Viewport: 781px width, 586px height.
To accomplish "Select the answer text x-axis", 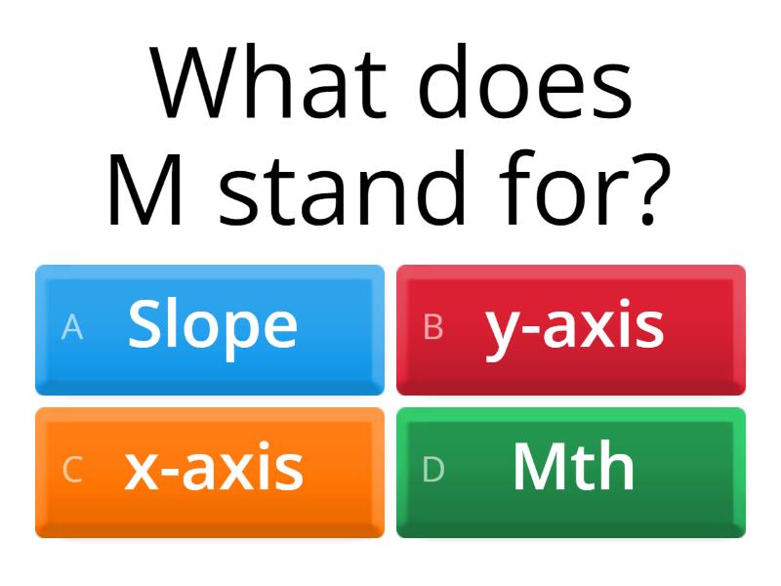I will pyautogui.click(x=214, y=468).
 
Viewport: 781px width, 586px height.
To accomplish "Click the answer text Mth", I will pyautogui.click(x=573, y=468).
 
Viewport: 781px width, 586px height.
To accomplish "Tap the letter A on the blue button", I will pyautogui.click(x=72, y=328).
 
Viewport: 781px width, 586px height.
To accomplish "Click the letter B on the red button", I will pyautogui.click(x=433, y=328).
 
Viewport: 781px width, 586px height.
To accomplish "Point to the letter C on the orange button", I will pyautogui.click(x=72, y=470).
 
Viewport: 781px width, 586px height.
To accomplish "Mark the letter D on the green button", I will pyautogui.click(x=433, y=470).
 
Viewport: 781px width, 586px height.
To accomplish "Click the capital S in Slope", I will pyautogui.click(x=145, y=325).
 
